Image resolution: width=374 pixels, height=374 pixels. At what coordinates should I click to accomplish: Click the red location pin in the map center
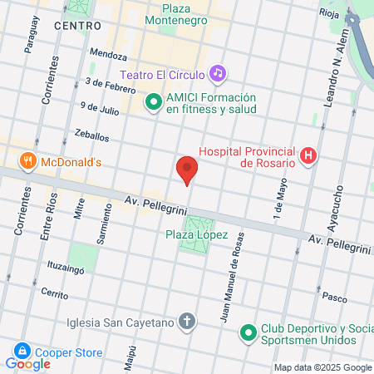pyautogui.click(x=187, y=170)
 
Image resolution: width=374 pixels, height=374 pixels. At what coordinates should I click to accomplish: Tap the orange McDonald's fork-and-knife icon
pyautogui.click(x=28, y=161)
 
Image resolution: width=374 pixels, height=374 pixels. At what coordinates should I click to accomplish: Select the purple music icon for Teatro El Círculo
pyautogui.click(x=217, y=73)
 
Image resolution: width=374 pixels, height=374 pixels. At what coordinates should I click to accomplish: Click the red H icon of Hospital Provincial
pyautogui.click(x=309, y=155)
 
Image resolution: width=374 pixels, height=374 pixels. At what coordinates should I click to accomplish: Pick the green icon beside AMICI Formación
pyautogui.click(x=153, y=103)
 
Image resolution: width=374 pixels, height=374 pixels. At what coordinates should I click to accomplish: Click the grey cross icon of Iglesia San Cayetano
pyautogui.click(x=187, y=322)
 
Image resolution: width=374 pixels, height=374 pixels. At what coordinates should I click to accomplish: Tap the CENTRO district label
pyautogui.click(x=77, y=26)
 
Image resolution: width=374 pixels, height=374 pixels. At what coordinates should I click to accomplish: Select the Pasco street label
pyautogui.click(x=334, y=296)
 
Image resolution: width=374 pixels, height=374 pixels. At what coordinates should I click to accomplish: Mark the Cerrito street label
pyautogui.click(x=52, y=293)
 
